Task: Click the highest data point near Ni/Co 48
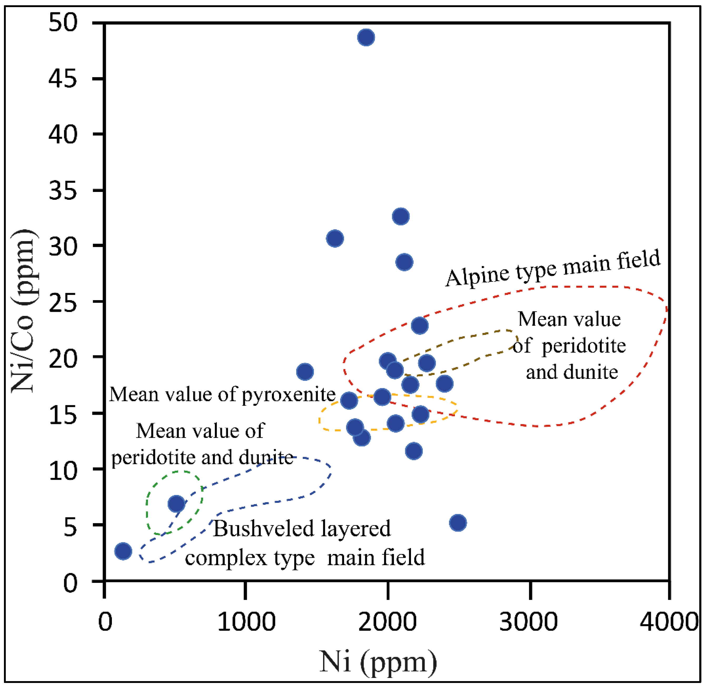(x=366, y=37)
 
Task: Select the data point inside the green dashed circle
(x=176, y=503)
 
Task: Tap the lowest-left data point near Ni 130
(x=123, y=551)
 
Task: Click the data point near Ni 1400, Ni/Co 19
(x=305, y=372)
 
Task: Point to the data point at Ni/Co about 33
(x=401, y=216)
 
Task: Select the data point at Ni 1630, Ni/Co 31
(x=335, y=239)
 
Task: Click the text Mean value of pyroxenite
(x=222, y=394)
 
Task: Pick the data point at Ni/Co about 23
(x=419, y=325)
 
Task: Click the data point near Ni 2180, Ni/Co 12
(x=414, y=451)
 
